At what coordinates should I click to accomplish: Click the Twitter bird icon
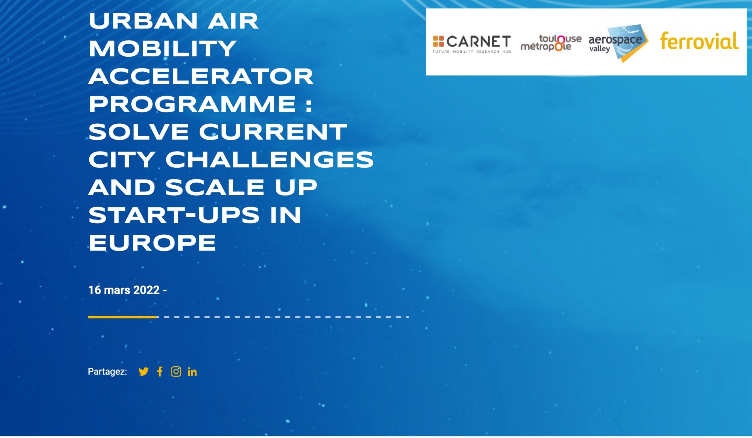click(144, 372)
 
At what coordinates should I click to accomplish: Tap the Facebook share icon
click(160, 372)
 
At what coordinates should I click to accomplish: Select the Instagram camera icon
click(176, 372)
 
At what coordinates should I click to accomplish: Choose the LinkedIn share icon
click(192, 372)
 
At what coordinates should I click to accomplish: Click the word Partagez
click(108, 372)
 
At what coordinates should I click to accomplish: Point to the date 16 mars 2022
click(124, 290)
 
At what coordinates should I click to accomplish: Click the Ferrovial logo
click(699, 41)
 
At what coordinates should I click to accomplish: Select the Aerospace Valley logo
click(618, 43)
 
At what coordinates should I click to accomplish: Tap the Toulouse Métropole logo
click(551, 43)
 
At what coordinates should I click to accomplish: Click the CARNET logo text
click(479, 41)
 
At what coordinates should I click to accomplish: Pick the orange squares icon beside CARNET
click(438, 41)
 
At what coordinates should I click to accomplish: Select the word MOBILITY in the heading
click(163, 49)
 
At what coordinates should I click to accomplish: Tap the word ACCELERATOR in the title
click(201, 77)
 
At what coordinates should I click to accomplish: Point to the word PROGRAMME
click(192, 104)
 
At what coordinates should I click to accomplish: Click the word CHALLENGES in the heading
click(269, 160)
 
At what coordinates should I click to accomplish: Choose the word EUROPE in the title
click(152, 243)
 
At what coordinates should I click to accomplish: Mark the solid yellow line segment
click(122, 317)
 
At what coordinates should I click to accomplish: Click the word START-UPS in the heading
click(174, 215)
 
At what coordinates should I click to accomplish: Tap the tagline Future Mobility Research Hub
click(472, 52)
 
